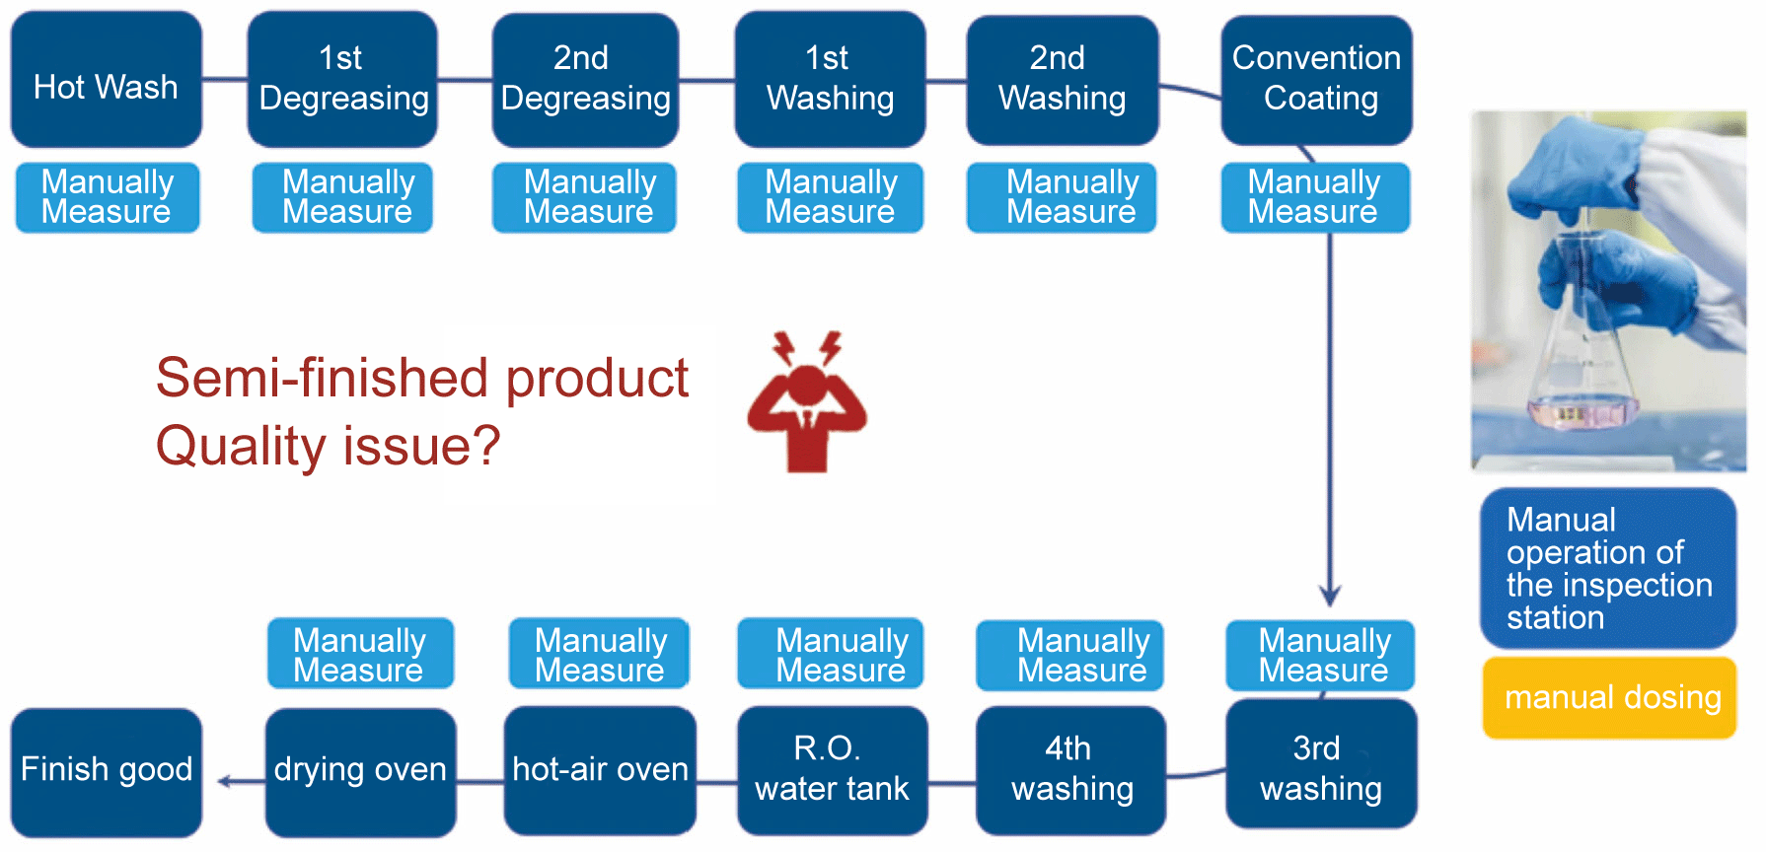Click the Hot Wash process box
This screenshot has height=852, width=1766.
point(107,80)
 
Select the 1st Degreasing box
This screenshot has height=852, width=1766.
point(342,79)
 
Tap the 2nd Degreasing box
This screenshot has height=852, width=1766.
point(585,80)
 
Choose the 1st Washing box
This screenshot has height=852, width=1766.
point(830,79)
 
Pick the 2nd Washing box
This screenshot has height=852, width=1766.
point(1063,80)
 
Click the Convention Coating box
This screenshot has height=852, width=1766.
point(1317,80)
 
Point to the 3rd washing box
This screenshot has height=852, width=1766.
point(1321,765)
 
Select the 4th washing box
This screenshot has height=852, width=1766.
point(1071,770)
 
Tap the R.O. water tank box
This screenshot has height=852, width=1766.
point(832,770)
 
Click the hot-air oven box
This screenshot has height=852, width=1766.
point(600,770)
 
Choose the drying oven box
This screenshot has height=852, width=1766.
point(360,772)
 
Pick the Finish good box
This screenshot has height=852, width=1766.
point(107,772)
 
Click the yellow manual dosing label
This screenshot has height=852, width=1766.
point(1610,698)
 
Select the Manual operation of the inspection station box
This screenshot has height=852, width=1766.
point(1608,568)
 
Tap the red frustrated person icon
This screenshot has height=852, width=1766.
point(807,402)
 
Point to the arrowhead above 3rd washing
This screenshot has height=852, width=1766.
point(1330,596)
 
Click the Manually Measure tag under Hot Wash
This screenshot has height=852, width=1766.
point(108,197)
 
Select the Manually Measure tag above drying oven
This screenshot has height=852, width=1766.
point(360,654)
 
